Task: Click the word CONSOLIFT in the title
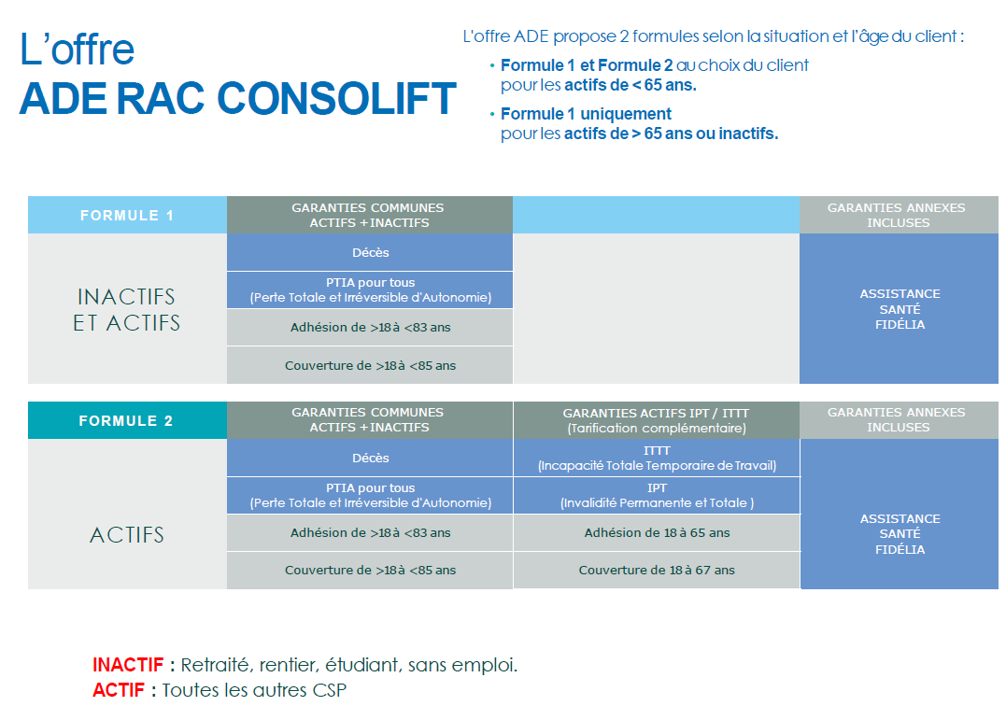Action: point(336,99)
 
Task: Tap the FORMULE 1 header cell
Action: point(127,215)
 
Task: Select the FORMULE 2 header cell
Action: point(127,420)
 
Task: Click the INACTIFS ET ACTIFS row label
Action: point(127,309)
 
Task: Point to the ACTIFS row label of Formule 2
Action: point(127,534)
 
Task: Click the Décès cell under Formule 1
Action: point(370,252)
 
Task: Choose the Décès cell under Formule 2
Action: point(370,458)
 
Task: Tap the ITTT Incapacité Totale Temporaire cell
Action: point(657,458)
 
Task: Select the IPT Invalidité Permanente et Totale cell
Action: point(657,495)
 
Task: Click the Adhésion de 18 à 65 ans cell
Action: point(657,532)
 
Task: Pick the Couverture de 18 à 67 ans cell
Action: point(657,571)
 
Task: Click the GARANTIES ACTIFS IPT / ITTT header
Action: point(657,420)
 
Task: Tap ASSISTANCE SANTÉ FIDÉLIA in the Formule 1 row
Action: point(900,309)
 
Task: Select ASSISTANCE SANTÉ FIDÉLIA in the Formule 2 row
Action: point(900,534)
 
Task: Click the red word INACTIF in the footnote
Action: point(128,665)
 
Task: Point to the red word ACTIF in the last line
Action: point(119,690)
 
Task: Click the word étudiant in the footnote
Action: point(362,665)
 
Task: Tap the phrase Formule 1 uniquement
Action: point(586,114)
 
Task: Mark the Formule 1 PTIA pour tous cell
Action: point(370,290)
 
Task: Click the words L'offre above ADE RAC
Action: point(77,49)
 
